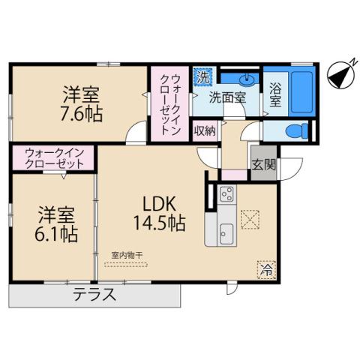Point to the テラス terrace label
[95, 295]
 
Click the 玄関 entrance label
[262, 166]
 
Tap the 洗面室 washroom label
[226, 97]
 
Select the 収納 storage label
[205, 130]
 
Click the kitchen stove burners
[226, 198]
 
